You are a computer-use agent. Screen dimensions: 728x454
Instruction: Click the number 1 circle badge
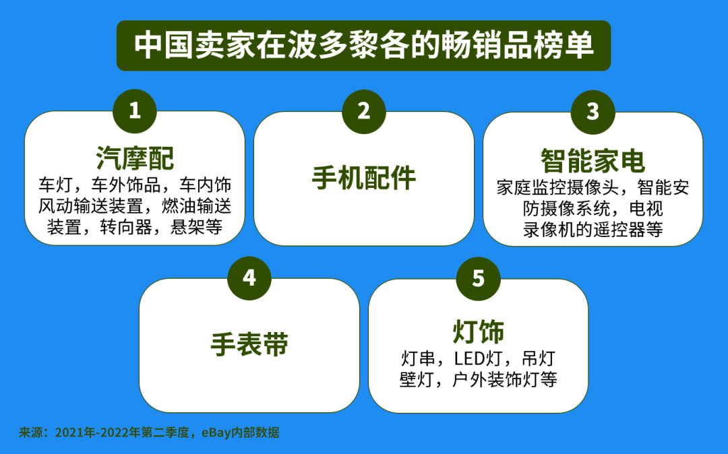(x=135, y=111)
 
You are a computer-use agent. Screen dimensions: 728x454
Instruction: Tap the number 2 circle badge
(x=364, y=111)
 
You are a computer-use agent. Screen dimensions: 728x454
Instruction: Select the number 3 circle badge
(x=593, y=112)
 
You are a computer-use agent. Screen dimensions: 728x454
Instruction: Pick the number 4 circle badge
(x=249, y=278)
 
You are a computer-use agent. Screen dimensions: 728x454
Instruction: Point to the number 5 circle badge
(x=478, y=278)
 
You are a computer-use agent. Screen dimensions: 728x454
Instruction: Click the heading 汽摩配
(x=135, y=158)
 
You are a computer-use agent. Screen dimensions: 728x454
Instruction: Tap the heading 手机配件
(x=364, y=178)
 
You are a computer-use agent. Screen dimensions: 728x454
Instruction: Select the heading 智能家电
(x=593, y=161)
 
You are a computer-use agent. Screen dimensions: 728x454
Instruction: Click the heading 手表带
(x=249, y=344)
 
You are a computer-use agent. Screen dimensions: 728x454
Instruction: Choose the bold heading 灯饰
(x=478, y=331)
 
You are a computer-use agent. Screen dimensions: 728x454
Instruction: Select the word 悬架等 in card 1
(x=196, y=227)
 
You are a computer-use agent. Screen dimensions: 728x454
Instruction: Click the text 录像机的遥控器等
(x=593, y=230)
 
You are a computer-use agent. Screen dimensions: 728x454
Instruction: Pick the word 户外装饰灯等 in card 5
(x=505, y=380)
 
